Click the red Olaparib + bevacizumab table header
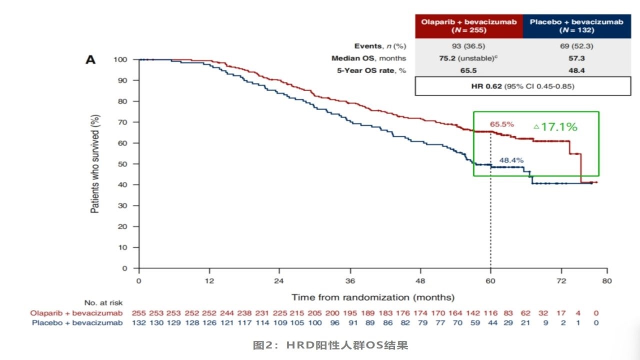tap(468, 26)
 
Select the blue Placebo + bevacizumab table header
tap(576, 26)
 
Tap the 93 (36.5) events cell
tap(468, 46)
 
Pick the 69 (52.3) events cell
tap(576, 46)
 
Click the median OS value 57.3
tap(576, 58)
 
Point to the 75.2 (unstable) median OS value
tap(468, 58)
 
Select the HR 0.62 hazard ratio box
tap(522, 86)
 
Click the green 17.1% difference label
tap(555, 127)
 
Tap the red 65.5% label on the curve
tap(501, 124)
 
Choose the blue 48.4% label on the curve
tap(511, 160)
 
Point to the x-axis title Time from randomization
tap(373, 297)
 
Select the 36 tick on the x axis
tap(350, 280)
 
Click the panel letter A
tap(90, 60)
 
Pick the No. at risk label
tap(103, 303)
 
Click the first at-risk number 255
tap(138, 313)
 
